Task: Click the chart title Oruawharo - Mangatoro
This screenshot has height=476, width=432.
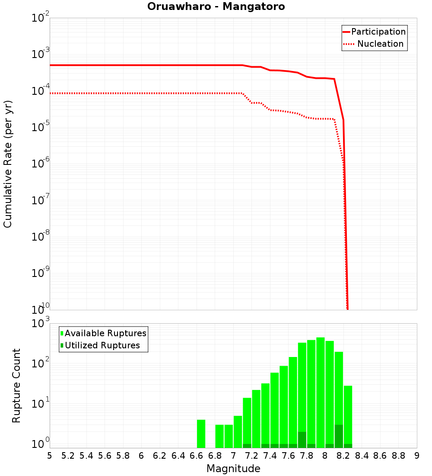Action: coord(216,6)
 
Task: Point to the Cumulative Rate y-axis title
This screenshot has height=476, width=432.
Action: coord(8,164)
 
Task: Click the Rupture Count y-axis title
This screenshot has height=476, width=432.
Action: coord(16,385)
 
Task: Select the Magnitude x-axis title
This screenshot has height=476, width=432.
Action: coord(233,468)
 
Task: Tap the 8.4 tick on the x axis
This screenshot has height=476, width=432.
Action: coord(362,455)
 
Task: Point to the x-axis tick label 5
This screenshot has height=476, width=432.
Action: coord(50,455)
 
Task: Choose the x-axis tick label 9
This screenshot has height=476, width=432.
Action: coord(416,455)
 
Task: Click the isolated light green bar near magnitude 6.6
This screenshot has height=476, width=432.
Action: coord(201,434)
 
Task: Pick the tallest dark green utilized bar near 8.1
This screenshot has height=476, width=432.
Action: coord(339,436)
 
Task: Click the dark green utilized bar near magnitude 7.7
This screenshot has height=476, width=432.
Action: coord(302,440)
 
